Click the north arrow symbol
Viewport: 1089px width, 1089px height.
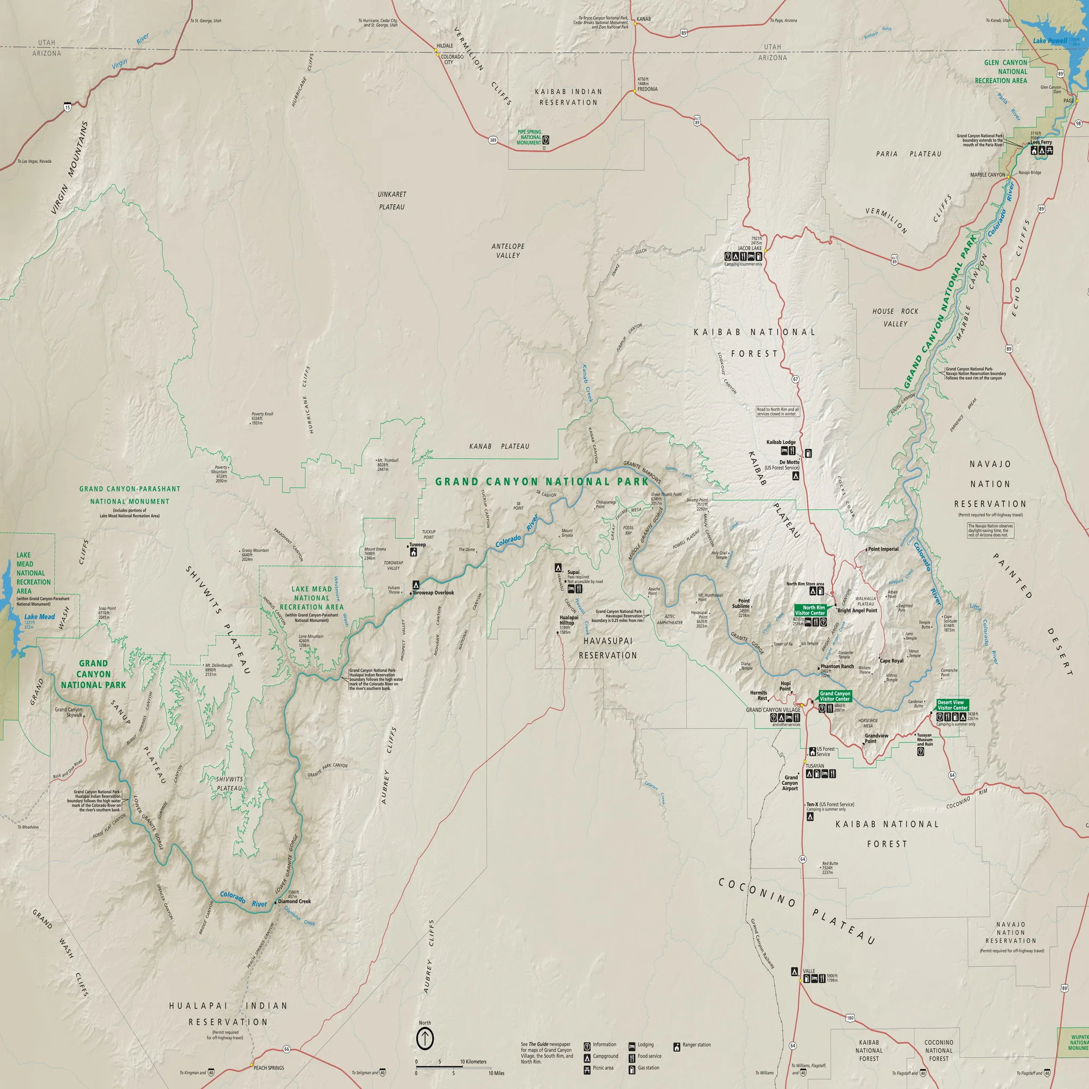424,1038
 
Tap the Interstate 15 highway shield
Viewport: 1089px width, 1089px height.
68,107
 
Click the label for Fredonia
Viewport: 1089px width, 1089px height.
647,89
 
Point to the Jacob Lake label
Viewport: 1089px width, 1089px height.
750,248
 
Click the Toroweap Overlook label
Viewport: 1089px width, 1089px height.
433,592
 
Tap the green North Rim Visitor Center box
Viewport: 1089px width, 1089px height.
810,610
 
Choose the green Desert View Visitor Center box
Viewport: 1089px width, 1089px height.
952,705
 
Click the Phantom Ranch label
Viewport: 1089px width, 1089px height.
837,666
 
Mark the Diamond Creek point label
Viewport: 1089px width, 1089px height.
294,901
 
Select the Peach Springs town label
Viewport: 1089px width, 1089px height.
269,1068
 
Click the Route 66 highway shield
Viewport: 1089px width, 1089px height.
287,1049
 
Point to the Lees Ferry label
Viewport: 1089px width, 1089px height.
1041,142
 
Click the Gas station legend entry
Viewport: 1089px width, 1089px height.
648,1068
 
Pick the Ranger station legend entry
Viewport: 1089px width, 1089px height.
696,1044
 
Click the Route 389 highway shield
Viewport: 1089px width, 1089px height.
492,140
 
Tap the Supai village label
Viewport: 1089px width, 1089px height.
573,572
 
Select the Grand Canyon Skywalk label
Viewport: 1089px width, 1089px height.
68,712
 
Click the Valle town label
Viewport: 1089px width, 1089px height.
809,971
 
